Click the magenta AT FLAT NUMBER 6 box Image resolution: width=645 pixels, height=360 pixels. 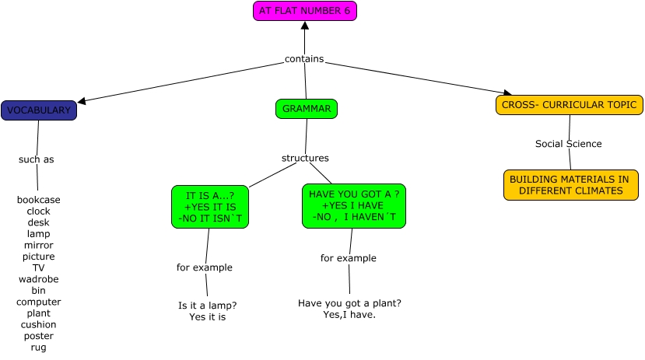(x=304, y=11)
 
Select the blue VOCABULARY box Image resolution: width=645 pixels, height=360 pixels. (x=39, y=110)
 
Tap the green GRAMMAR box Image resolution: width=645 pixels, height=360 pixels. (x=307, y=109)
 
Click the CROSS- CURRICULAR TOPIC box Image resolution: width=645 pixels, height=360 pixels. (x=569, y=105)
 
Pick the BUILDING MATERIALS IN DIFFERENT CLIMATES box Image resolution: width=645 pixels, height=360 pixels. (x=570, y=185)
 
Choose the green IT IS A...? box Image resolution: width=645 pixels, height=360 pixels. (x=210, y=207)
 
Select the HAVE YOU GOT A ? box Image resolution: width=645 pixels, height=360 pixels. (x=354, y=206)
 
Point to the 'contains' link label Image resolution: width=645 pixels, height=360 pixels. (x=303, y=59)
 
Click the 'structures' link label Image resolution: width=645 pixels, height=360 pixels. (x=305, y=159)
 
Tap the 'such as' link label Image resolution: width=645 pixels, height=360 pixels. (x=37, y=159)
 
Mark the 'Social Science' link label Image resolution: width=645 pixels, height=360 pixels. (x=568, y=144)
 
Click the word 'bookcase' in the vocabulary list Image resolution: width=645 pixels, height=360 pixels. (x=39, y=200)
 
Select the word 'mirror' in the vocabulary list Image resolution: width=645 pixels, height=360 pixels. (x=39, y=245)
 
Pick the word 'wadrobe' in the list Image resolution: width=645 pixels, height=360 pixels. (x=39, y=279)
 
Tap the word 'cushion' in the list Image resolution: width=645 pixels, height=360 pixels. (x=39, y=324)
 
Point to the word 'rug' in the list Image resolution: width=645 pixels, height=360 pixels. (x=39, y=348)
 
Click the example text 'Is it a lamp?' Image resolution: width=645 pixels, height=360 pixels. (x=208, y=306)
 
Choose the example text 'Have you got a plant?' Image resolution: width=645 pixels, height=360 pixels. (x=349, y=303)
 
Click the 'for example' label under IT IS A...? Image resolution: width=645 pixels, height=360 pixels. (x=204, y=267)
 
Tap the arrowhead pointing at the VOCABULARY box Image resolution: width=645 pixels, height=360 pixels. (x=81, y=100)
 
